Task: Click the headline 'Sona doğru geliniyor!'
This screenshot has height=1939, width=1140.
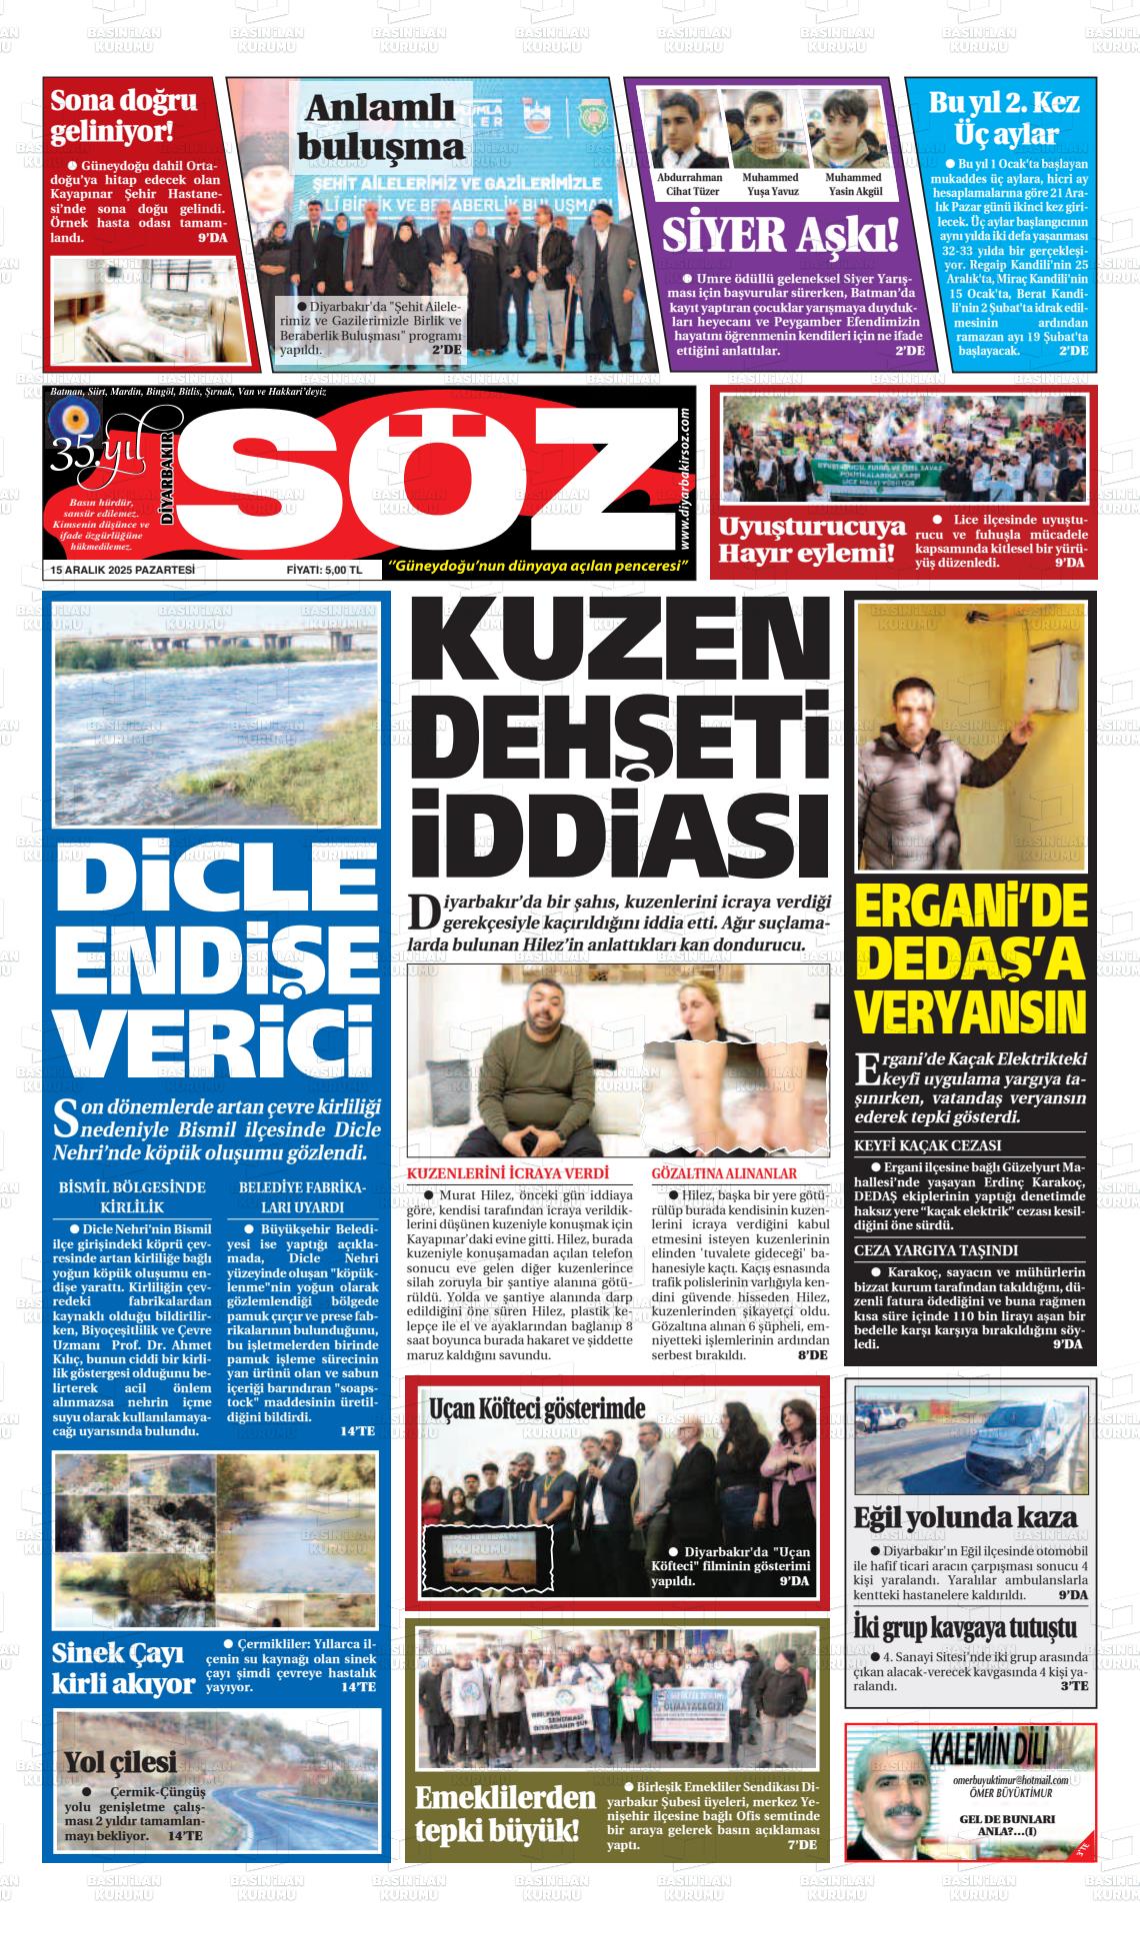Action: (124, 115)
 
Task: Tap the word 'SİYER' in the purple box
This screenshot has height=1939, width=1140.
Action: (723, 236)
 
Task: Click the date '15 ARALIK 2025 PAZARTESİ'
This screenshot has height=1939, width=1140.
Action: (122, 570)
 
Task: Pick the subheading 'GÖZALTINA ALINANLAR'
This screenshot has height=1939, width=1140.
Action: (724, 1173)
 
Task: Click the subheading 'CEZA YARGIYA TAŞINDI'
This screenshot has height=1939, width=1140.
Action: (936, 1250)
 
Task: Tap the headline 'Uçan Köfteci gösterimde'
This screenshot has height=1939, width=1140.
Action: (537, 1409)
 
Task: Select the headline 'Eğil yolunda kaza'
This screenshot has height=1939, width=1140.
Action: (965, 1516)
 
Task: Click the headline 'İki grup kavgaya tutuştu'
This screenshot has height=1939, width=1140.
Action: (965, 1627)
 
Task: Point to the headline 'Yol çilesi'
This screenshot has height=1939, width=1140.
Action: (120, 1761)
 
